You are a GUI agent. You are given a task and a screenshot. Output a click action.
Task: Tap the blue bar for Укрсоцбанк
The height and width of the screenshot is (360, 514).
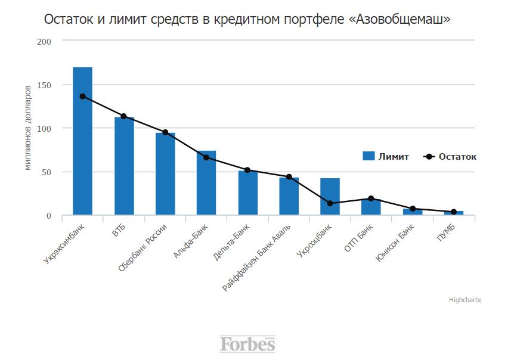330,197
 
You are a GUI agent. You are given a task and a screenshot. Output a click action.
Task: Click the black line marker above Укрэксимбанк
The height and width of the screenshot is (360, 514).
82,97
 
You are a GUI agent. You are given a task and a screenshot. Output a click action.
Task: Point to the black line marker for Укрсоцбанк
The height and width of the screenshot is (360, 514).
330,203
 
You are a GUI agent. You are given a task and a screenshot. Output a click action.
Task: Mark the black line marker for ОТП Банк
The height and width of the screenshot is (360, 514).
371,198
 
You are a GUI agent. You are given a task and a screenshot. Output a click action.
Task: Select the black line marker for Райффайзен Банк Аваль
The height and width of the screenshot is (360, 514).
289,177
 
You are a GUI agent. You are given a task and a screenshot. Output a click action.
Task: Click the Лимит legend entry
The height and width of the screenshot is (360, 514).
386,157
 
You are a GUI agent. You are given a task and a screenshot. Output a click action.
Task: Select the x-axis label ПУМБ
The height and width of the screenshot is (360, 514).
446,233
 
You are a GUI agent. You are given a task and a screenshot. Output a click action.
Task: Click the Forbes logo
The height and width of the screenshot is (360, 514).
247,344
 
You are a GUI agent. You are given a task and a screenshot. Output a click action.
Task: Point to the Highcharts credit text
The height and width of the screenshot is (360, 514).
465,300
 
